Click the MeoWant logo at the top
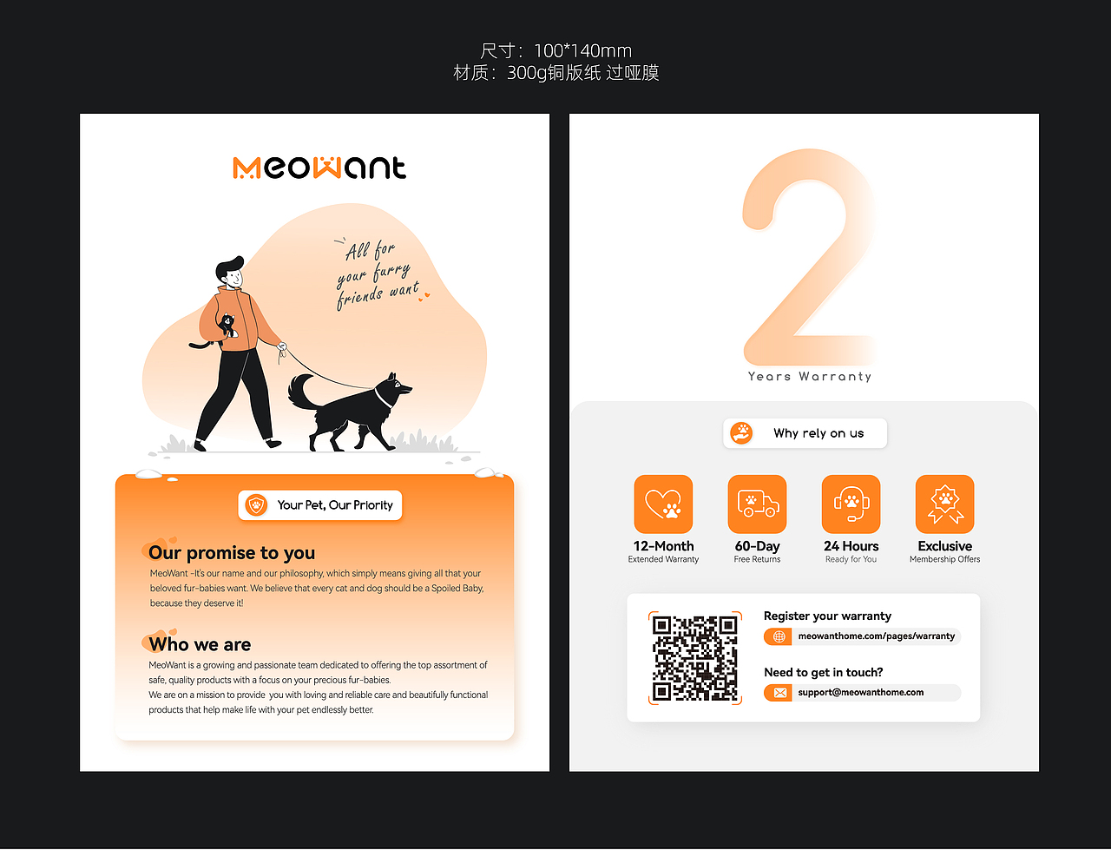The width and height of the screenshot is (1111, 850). click(x=319, y=168)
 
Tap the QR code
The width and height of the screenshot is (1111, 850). click(x=694, y=657)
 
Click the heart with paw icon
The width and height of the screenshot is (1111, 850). click(x=663, y=504)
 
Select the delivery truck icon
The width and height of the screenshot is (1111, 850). click(x=757, y=504)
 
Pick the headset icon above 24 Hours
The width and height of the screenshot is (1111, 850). click(x=851, y=504)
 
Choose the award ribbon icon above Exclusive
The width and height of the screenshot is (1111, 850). click(x=944, y=504)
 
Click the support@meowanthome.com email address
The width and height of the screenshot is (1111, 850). click(x=860, y=692)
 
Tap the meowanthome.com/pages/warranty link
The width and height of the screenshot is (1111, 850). click(x=876, y=636)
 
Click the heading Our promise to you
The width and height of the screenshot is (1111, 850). click(x=231, y=552)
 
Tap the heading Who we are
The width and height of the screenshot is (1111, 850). click(x=200, y=644)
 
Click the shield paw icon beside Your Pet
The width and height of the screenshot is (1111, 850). click(x=256, y=504)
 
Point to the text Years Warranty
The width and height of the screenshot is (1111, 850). click(x=809, y=376)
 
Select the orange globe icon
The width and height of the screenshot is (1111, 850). click(x=779, y=636)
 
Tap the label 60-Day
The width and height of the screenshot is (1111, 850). click(x=757, y=546)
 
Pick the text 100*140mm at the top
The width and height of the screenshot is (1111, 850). click(x=582, y=50)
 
